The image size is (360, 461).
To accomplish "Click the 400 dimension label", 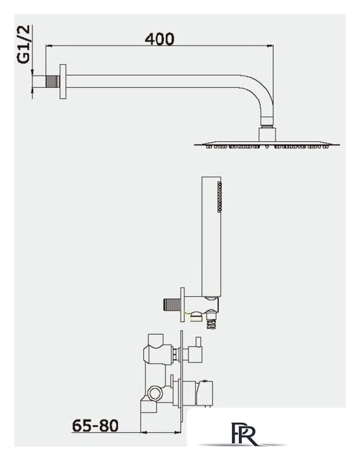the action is tap(160, 39).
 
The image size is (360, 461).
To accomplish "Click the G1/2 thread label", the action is tap(24, 45).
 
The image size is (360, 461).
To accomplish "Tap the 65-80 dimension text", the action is tap(95, 425).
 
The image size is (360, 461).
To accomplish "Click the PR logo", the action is tap(245, 434).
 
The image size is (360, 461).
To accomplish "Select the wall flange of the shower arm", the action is tap(63, 81).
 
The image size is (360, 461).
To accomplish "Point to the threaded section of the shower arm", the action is tap(53, 81).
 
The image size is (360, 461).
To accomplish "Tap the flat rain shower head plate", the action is tap(267, 145).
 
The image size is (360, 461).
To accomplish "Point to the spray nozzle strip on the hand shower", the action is tap(219, 197).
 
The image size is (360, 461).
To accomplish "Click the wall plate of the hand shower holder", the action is tap(182, 305).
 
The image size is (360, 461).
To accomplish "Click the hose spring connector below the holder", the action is tap(211, 322).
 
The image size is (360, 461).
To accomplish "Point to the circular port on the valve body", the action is tap(155, 393).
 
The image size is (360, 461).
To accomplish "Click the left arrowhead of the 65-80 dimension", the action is tap(144, 432).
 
